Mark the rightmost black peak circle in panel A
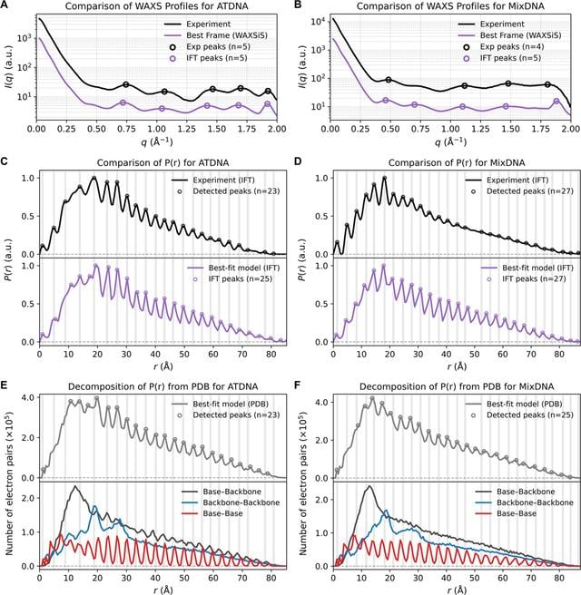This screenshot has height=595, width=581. click(268, 91)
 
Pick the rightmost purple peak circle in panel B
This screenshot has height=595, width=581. click(556, 101)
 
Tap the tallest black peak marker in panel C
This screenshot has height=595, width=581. click(94, 178)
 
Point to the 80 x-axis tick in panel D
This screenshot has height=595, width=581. click(559, 355)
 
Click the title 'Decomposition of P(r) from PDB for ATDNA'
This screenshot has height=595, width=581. click(162, 386)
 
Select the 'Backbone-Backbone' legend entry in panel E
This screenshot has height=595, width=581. click(241, 502)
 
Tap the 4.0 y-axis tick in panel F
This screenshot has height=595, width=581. click(320, 402)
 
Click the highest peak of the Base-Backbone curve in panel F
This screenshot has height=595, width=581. click(369, 486)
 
